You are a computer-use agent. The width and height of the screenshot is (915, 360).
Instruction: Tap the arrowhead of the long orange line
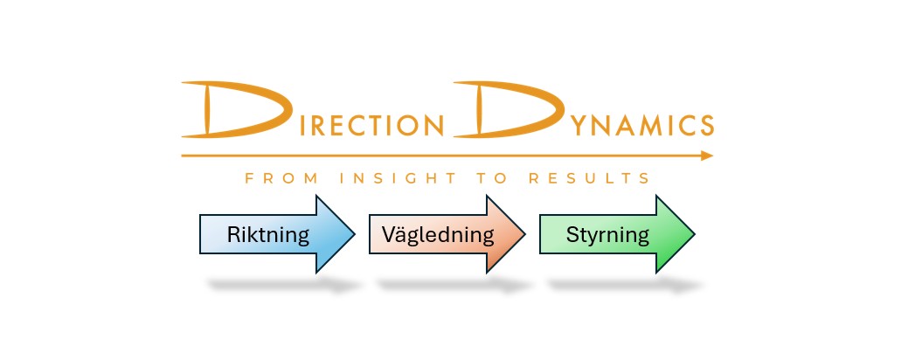(707, 156)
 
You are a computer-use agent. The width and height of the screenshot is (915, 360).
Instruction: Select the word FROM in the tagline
(281, 178)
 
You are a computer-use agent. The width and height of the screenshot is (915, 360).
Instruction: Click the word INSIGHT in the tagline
(399, 178)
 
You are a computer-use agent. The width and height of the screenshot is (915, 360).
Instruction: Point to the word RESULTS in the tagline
(589, 178)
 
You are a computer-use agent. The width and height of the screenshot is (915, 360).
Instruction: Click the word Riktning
(267, 234)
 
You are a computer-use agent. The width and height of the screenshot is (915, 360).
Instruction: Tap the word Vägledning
(438, 234)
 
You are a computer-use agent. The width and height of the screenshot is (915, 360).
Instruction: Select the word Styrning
(607, 235)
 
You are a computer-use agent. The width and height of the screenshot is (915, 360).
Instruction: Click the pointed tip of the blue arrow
(354, 234)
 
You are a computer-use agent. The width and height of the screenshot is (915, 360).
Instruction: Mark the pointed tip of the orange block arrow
(524, 234)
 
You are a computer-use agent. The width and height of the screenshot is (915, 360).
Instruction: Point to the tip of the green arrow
(694, 234)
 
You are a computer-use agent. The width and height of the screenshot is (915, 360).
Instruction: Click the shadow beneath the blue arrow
(285, 286)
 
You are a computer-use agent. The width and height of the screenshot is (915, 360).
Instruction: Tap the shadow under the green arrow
(625, 286)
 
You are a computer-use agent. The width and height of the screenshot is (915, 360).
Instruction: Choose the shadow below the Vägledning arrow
(455, 286)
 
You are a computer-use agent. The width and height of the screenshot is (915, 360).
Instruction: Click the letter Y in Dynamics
(579, 125)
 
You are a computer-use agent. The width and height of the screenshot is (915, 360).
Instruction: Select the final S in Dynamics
(706, 125)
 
